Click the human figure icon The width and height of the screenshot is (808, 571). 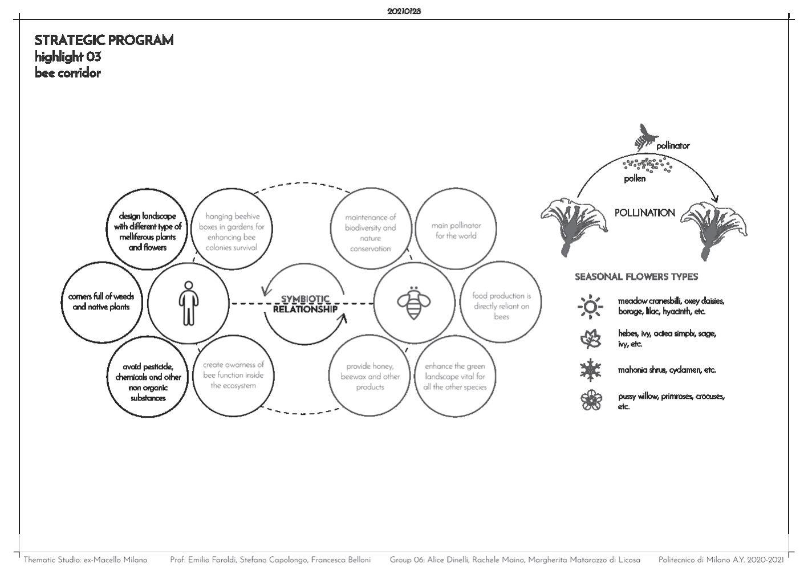pyautogui.click(x=187, y=303)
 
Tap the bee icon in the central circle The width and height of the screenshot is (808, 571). pyautogui.click(x=413, y=303)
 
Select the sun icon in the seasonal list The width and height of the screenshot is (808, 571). pyautogui.click(x=590, y=307)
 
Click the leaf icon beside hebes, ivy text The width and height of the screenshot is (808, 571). pyautogui.click(x=590, y=339)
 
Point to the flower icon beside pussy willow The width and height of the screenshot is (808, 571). pyautogui.click(x=590, y=401)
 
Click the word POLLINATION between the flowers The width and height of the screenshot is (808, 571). pyautogui.click(x=644, y=213)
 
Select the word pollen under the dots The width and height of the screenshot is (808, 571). pyautogui.click(x=635, y=179)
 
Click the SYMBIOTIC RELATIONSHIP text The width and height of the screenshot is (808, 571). pyautogui.click(x=305, y=304)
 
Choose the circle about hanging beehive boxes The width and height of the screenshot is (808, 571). pyautogui.click(x=232, y=232)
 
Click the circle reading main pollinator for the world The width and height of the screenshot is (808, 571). pyautogui.click(x=456, y=231)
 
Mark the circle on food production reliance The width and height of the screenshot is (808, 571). pyautogui.click(x=501, y=306)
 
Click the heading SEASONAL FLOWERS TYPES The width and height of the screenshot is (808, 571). pyautogui.click(x=636, y=277)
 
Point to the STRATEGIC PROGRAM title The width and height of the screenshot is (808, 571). pyautogui.click(x=104, y=40)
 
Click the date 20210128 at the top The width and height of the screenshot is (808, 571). pyautogui.click(x=404, y=11)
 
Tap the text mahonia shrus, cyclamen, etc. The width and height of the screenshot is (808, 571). pyautogui.click(x=666, y=370)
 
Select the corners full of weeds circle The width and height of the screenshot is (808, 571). pyautogui.click(x=101, y=302)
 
